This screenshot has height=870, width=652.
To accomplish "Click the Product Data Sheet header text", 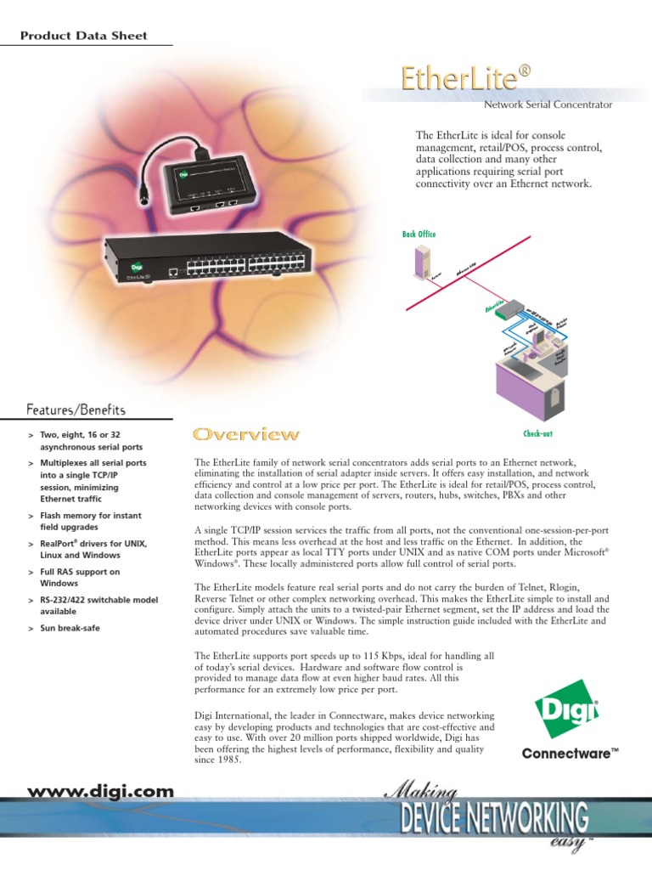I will click(x=83, y=36).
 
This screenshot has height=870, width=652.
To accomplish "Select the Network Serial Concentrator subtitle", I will click(x=548, y=105).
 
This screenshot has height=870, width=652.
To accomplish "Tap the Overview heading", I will click(x=246, y=435).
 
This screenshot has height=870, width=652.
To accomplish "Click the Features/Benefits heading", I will click(x=76, y=410).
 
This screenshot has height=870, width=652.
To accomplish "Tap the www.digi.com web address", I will click(x=101, y=792).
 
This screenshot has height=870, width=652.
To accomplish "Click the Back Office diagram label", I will click(x=419, y=234).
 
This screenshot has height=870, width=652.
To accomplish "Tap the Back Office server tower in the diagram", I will click(x=421, y=261).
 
